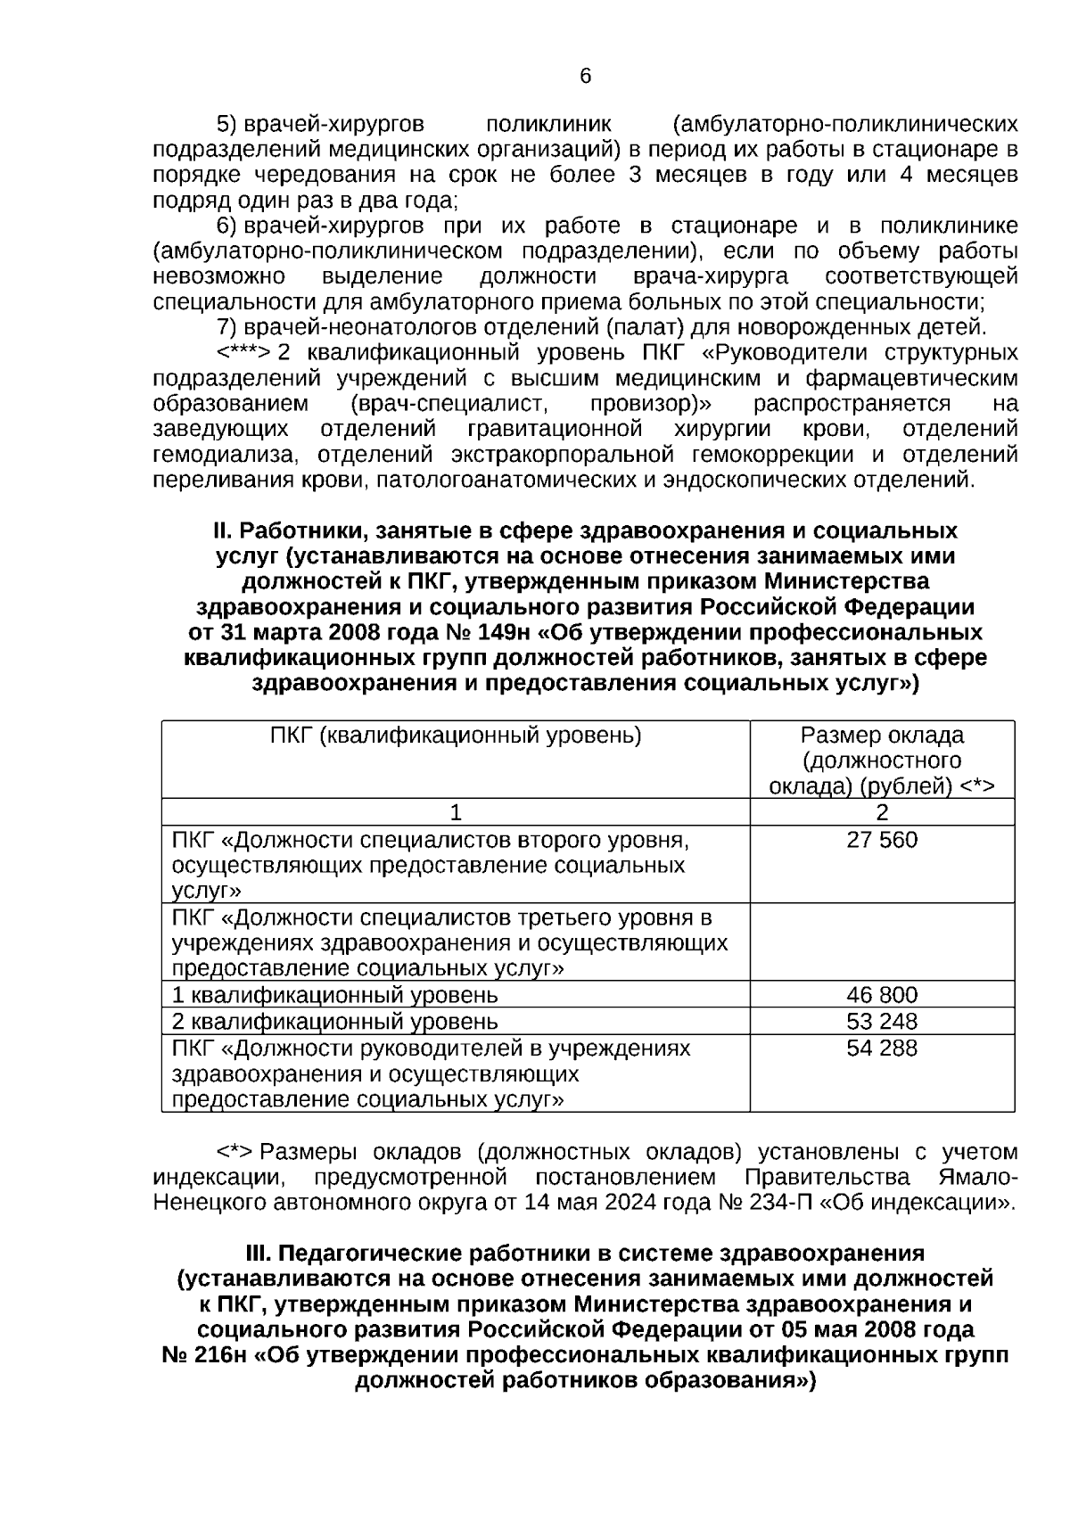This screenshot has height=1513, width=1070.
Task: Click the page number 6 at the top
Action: click(x=585, y=77)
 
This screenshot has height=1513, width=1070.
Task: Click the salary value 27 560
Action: click(x=881, y=840)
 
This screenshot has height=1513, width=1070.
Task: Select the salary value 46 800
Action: click(x=881, y=995)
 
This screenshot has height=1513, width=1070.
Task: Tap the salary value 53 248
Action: click(x=881, y=1021)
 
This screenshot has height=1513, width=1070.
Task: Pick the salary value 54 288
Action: click(x=881, y=1048)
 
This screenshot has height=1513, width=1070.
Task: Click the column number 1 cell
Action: click(x=456, y=812)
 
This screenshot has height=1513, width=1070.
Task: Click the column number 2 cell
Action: click(x=882, y=812)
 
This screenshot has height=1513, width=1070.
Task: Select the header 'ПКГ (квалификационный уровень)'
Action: click(x=456, y=736)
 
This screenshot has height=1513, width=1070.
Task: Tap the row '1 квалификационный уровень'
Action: click(x=335, y=995)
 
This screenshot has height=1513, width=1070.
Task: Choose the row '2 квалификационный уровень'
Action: click(x=335, y=1021)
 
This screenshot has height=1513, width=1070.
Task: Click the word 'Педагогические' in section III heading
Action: click(x=390, y=1253)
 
